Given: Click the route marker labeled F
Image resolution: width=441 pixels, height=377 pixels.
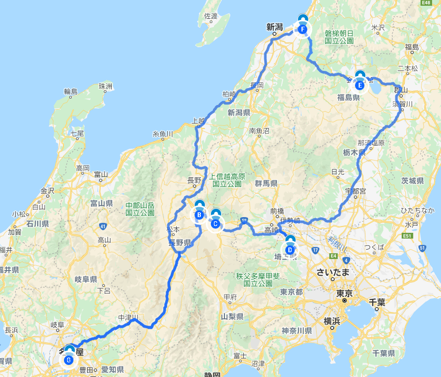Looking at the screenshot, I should pyautogui.click(x=303, y=29).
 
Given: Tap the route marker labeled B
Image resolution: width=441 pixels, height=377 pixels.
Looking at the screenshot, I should pyautogui.click(x=199, y=214).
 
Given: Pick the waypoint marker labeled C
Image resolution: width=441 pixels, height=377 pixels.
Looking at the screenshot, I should pyautogui.click(x=215, y=224).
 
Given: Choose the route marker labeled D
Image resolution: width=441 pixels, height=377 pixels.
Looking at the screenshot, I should pyautogui.click(x=290, y=250).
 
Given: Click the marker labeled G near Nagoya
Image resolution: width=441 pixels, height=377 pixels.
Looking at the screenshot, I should pyautogui.click(x=69, y=360).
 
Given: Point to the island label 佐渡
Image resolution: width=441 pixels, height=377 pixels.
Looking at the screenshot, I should pyautogui.click(x=210, y=16).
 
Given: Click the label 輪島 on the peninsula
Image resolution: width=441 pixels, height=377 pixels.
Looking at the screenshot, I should pyautogui.click(x=71, y=91).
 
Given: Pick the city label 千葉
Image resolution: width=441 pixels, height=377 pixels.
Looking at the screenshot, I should pyautogui.click(x=377, y=301).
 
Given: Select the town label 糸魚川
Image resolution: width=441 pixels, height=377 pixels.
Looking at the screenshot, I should pyautogui.click(x=163, y=134).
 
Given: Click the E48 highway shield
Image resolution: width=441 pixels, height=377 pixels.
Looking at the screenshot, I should pyautogui.click(x=427, y=3).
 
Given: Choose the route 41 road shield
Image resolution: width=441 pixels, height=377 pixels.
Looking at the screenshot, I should pyautogui.click(x=102, y=226).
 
